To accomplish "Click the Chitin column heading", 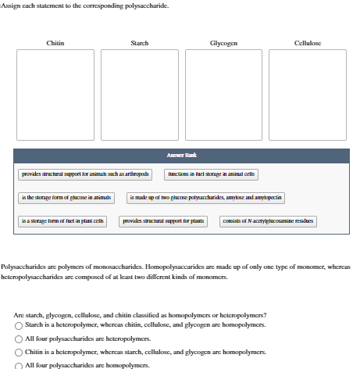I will coord(55,42).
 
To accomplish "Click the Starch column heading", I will coord(140,42).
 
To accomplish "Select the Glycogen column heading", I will coord(224,42).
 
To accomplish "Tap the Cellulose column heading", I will coord(308,42).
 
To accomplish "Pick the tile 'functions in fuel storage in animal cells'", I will coord(211,175).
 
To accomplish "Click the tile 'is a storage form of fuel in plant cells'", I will coord(63,222).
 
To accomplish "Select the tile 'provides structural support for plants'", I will coord(163,222).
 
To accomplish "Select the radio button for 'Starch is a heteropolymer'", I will coord(20,324).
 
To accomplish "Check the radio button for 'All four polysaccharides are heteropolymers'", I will coord(20,338).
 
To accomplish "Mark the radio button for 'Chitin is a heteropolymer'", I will coord(20,352).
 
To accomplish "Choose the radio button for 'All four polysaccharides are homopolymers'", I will coord(20,364).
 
